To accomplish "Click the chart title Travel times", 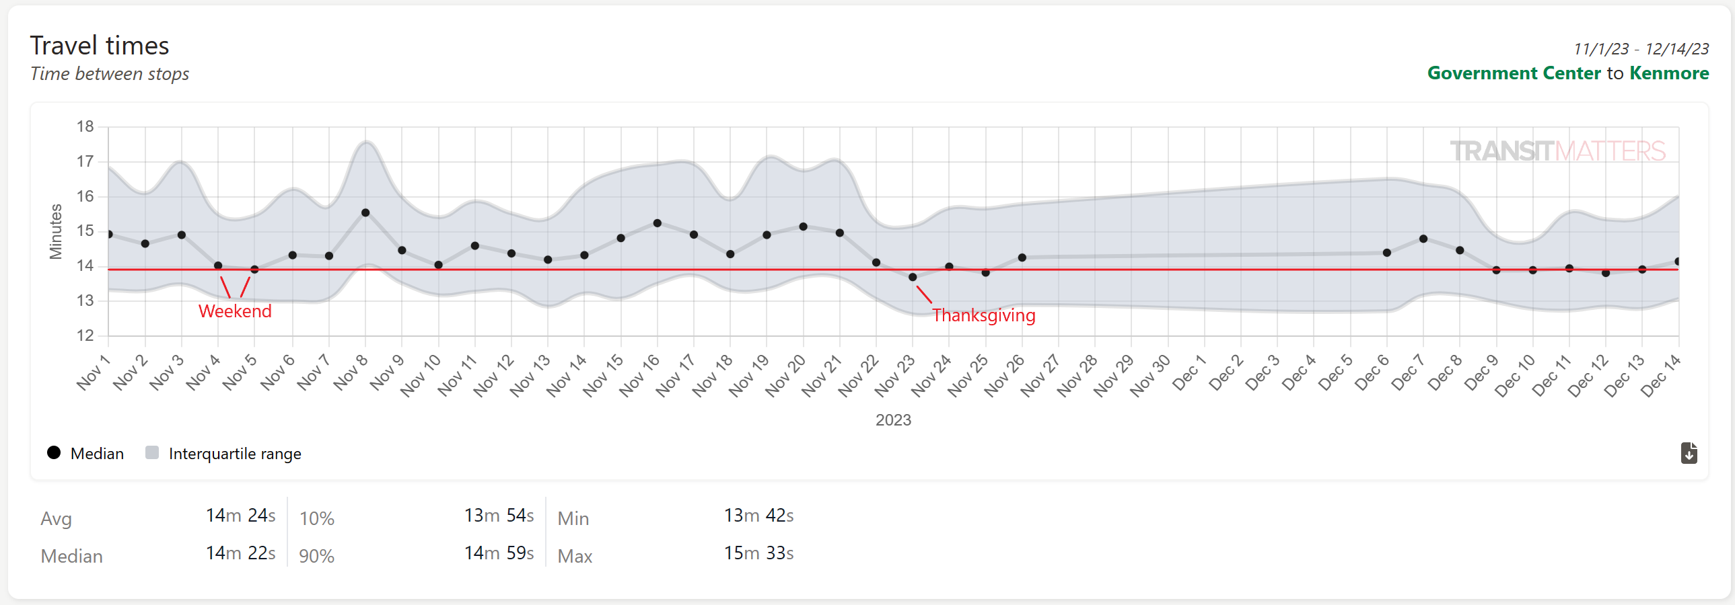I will (x=100, y=46).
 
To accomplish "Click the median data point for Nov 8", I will (x=365, y=212).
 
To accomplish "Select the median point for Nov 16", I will (x=658, y=223).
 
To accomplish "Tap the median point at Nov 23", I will (x=913, y=277).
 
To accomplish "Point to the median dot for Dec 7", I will (x=1423, y=239).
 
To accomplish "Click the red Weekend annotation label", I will (x=234, y=312).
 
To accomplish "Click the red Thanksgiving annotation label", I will (x=983, y=316).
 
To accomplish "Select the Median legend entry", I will (x=86, y=454).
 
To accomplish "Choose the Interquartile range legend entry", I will (x=223, y=454).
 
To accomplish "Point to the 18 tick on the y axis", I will (x=85, y=126).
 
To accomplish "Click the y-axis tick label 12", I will (x=85, y=335).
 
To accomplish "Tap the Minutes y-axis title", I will (x=55, y=231).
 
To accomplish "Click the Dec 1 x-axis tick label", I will (x=1189, y=374).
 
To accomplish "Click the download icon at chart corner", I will (x=1689, y=454).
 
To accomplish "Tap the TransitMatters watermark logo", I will (x=1557, y=151).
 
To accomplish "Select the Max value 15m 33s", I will (x=758, y=553).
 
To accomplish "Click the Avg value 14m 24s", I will (x=240, y=516).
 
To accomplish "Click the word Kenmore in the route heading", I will (x=1669, y=73).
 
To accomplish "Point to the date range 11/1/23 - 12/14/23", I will (x=1641, y=49).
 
